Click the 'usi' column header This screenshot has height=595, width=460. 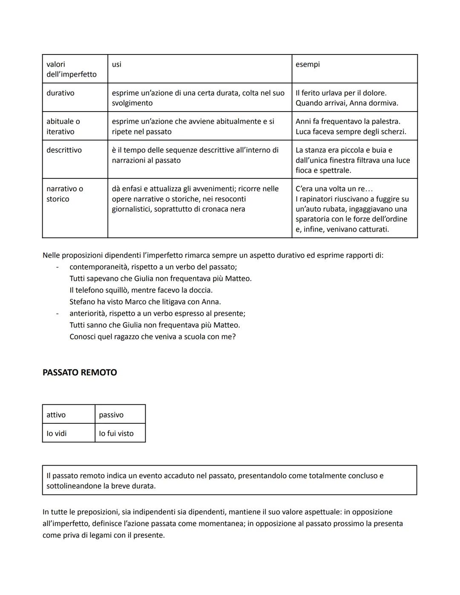click(x=116, y=64)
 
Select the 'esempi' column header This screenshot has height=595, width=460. click(x=308, y=64)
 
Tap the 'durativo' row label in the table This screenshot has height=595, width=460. click(x=60, y=93)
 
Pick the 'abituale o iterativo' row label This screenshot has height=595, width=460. click(x=63, y=126)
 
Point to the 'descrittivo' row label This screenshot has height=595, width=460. click(x=64, y=150)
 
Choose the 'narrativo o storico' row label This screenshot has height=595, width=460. click(x=65, y=194)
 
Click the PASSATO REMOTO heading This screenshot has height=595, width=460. click(x=80, y=372)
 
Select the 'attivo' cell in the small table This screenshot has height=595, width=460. click(x=56, y=415)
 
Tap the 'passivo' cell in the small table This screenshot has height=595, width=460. click(x=111, y=415)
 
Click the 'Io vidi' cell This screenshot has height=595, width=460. click(x=57, y=434)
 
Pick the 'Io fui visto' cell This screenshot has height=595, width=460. click(x=116, y=434)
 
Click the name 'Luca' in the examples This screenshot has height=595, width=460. click(x=303, y=132)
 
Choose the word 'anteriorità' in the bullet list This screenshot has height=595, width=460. click(x=87, y=313)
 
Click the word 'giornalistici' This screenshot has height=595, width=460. click(x=131, y=209)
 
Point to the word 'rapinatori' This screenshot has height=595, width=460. click(x=319, y=199)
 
